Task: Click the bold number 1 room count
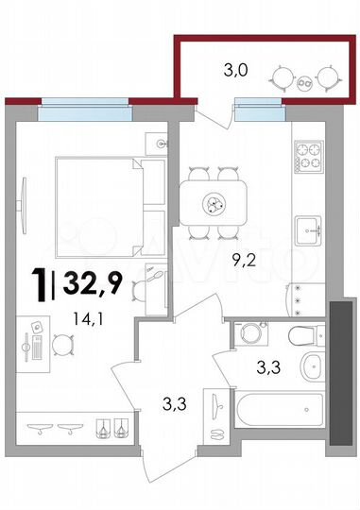pos(40,280)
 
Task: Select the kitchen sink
pos(309,229)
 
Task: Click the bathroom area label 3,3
pos(269,367)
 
